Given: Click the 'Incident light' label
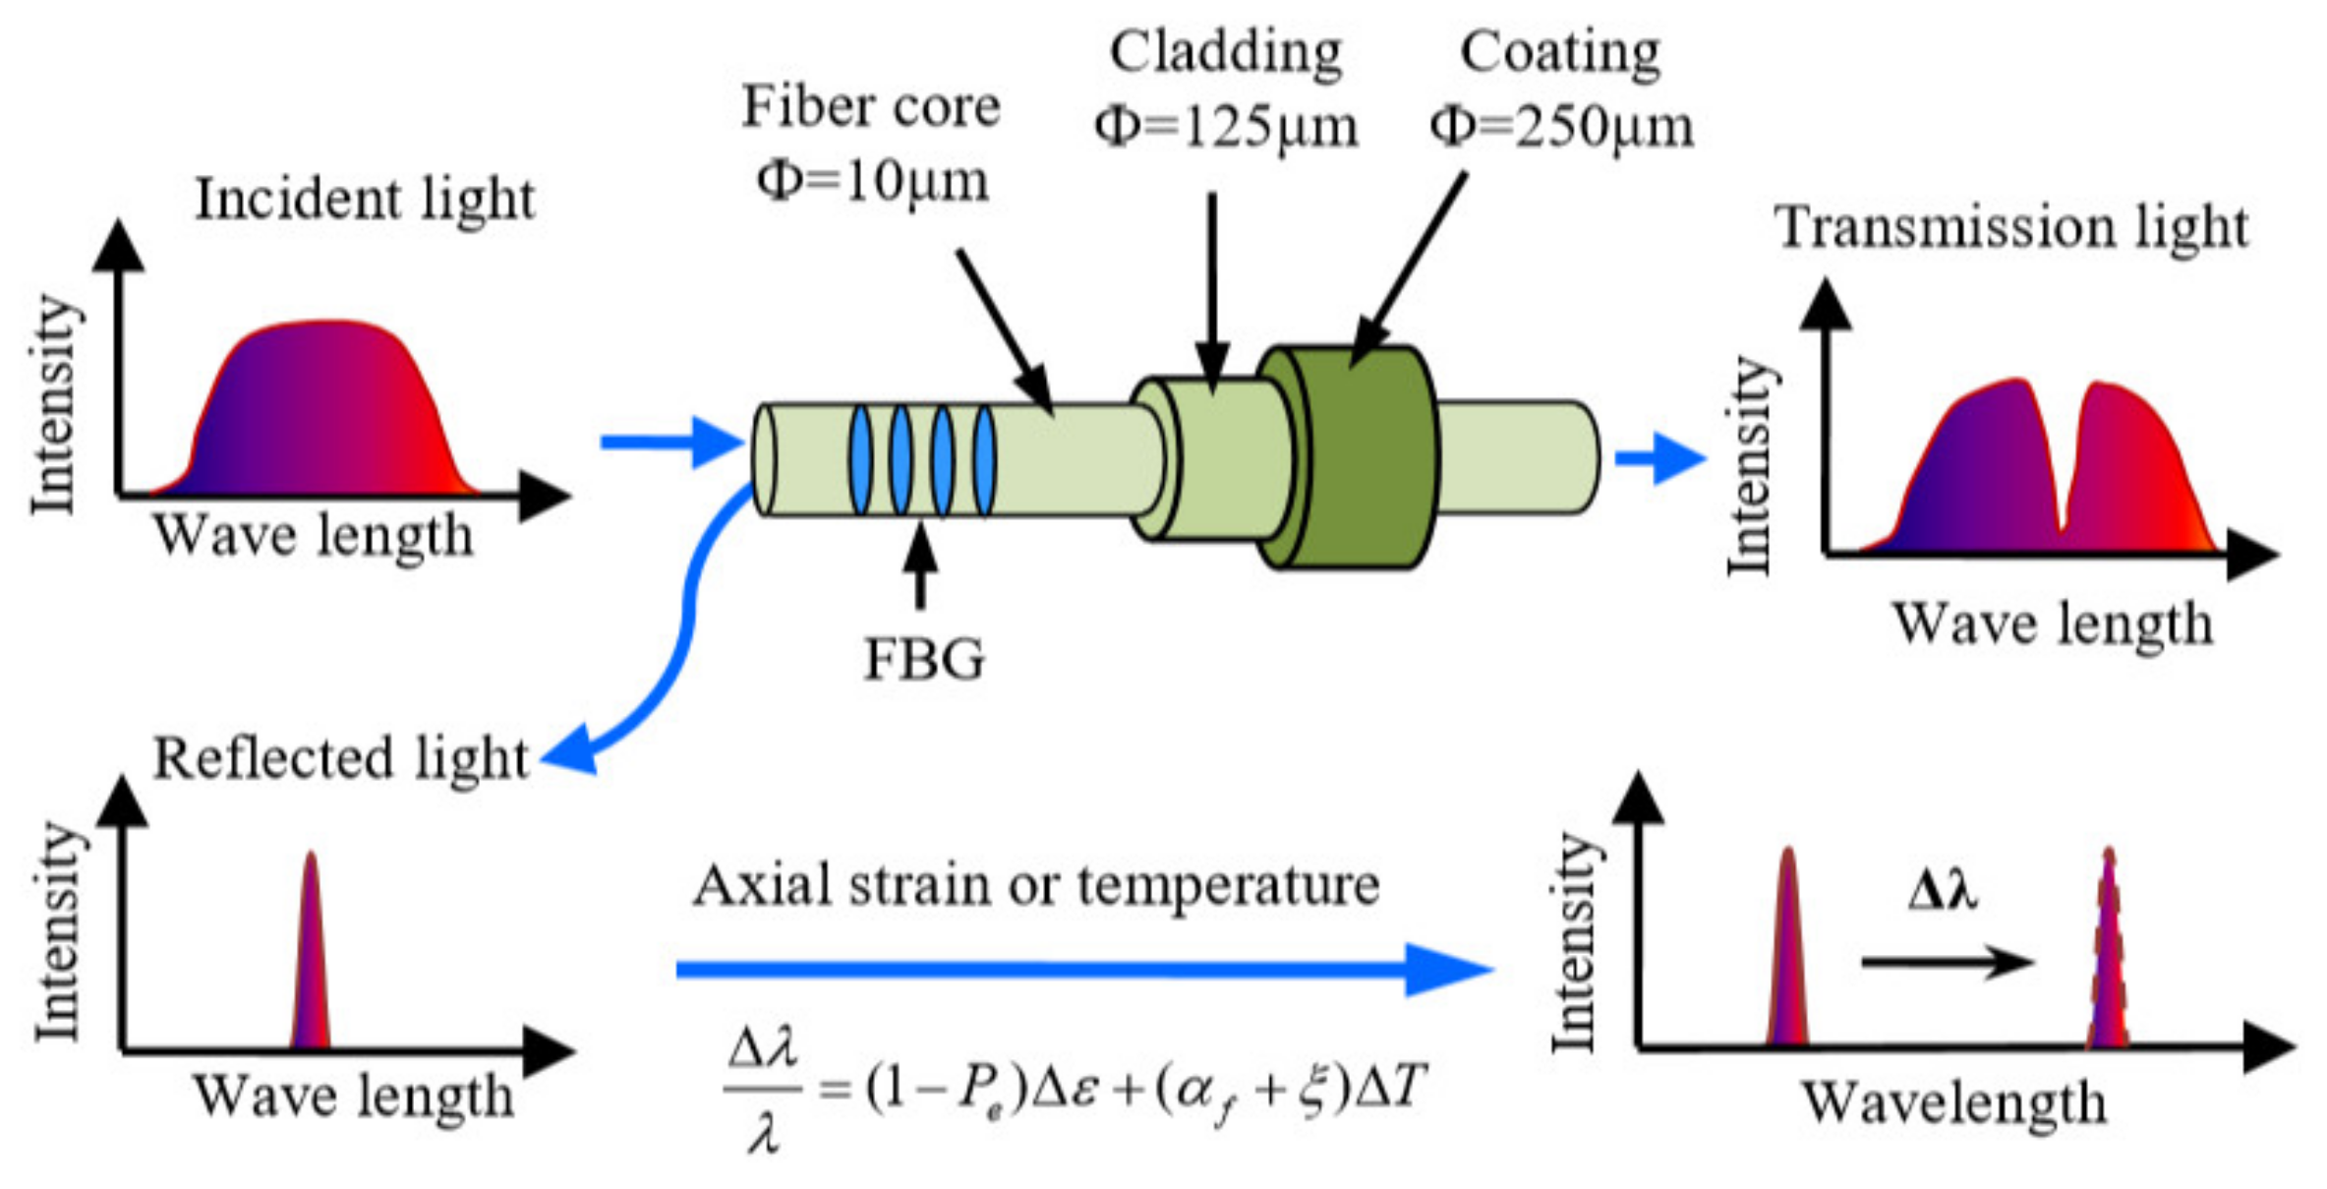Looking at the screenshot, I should pos(365,200).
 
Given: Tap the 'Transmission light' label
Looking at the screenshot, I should pos(2011,227).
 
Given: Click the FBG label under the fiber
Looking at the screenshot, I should pos(923,660).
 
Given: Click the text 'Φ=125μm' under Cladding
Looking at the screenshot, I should pos(1226,128).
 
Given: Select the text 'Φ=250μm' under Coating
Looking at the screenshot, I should pos(1561,128).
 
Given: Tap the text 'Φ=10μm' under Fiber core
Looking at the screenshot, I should pos(872,182).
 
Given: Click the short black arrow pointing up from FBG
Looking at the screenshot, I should pos(920,565).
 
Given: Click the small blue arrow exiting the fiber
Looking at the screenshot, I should pos(1659,458).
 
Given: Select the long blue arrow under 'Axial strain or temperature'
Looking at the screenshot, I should pos(1081,970).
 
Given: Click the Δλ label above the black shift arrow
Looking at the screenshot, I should pos(1942,891).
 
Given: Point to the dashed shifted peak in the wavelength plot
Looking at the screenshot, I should pos(2108,954).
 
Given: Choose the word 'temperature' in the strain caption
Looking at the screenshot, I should pos(1228,885).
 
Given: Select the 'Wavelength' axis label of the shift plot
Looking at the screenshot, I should pos(1953,1102).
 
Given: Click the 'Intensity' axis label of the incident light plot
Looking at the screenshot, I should pos(54,403).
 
